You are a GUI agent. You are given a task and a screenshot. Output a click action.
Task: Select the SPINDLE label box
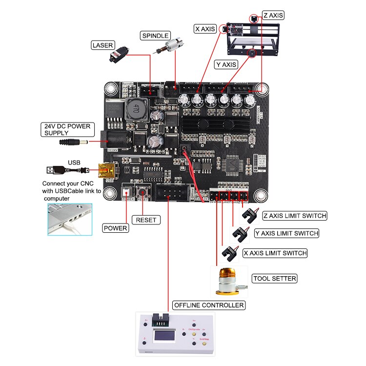[155, 36]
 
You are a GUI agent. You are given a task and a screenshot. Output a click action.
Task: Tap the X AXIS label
[205, 29]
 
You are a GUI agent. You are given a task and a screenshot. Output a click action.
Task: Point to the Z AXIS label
[273, 15]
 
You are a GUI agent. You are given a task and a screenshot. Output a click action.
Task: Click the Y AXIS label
[226, 64]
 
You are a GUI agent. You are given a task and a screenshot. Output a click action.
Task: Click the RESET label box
[146, 220]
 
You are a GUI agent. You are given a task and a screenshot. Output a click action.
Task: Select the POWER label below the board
[116, 228]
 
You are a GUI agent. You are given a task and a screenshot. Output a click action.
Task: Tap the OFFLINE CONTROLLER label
[208, 305]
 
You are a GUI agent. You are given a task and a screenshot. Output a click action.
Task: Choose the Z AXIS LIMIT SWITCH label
[294, 216]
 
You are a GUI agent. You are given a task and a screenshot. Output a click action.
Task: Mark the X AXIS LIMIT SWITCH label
[275, 253]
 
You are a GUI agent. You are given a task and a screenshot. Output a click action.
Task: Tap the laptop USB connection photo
[69, 220]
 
